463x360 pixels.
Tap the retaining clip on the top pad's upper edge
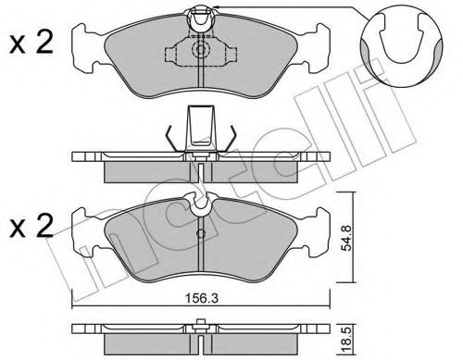[x=200, y=16]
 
